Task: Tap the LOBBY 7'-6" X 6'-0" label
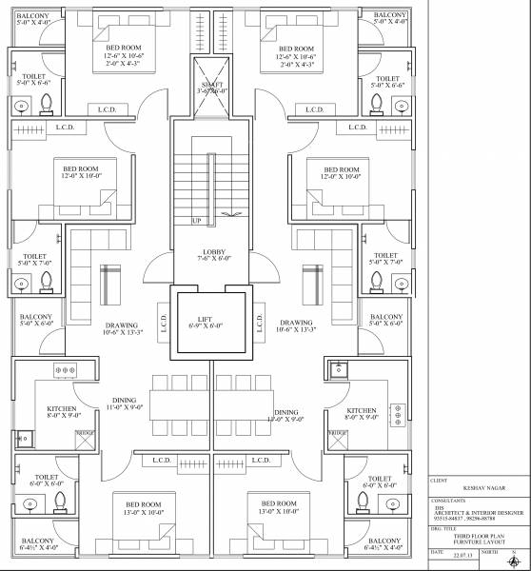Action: pyautogui.click(x=214, y=254)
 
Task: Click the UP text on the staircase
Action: pyautogui.click(x=196, y=221)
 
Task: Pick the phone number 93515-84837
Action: pyautogui.click(x=452, y=515)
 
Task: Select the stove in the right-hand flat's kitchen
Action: pyautogui.click(x=398, y=413)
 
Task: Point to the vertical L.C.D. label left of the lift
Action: pyautogui.click(x=165, y=322)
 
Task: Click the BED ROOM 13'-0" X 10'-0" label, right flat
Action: pyautogui.click(x=278, y=507)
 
